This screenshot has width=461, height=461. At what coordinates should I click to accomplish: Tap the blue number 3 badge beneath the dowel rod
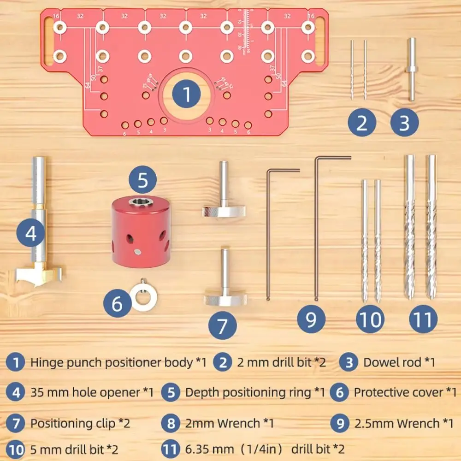(x=404, y=123)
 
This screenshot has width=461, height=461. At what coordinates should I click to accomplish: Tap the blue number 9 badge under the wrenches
(x=311, y=319)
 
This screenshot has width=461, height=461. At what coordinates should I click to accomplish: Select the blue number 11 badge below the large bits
(x=423, y=319)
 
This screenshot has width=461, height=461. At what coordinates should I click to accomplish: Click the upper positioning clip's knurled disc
(x=224, y=212)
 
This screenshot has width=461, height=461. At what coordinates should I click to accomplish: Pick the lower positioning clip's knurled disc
(x=224, y=300)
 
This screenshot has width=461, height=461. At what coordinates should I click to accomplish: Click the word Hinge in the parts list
(x=45, y=362)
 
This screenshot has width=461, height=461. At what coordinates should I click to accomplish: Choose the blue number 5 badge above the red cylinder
(x=142, y=180)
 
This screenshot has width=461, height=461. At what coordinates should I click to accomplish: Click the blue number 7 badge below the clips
(x=222, y=326)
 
